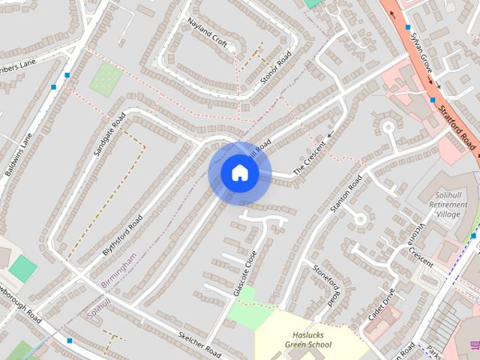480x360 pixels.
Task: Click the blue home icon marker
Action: [x=239, y=173]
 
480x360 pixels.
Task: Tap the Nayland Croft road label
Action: [x=208, y=33]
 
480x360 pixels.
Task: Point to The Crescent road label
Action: [x=309, y=158]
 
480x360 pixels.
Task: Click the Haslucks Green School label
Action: [x=308, y=340]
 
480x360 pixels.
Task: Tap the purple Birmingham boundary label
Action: [x=118, y=271]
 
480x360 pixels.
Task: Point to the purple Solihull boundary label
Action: [x=99, y=307]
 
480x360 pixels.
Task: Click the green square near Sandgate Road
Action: [x=106, y=78]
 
